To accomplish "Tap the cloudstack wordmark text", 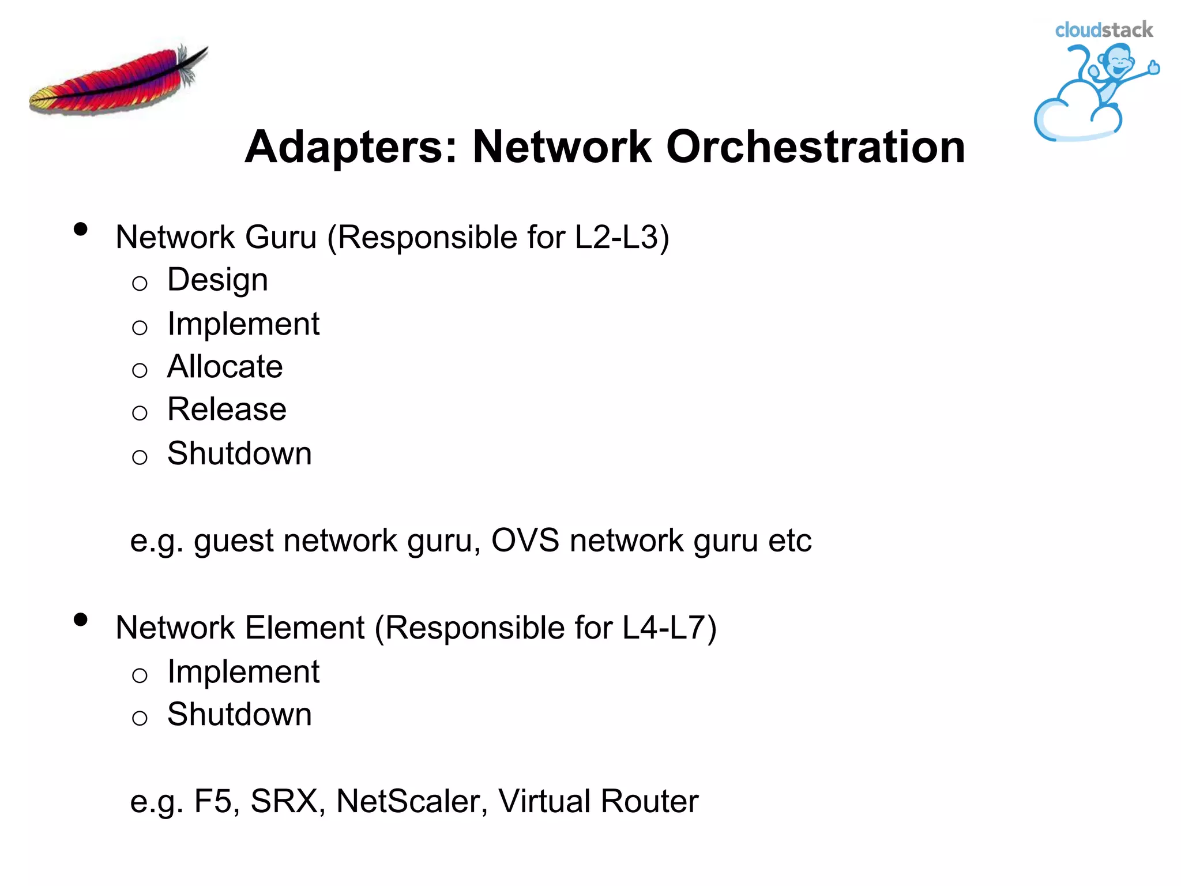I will pyautogui.click(x=1103, y=30).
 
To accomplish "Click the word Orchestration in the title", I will pyautogui.click(x=815, y=147).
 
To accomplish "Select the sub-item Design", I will pyautogui.click(x=217, y=280).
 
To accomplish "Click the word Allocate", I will pyautogui.click(x=225, y=367).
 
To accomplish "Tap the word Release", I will pyautogui.click(x=227, y=410).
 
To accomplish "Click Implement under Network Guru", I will pyautogui.click(x=243, y=324).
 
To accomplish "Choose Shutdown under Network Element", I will pyautogui.click(x=239, y=714).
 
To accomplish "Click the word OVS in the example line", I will pyautogui.click(x=525, y=540).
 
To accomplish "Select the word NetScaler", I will pyautogui.click(x=412, y=801).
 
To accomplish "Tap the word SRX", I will pyautogui.click(x=284, y=801).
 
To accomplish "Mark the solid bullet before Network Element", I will pyautogui.click(x=81, y=620).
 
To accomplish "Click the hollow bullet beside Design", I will pyautogui.click(x=140, y=283).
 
